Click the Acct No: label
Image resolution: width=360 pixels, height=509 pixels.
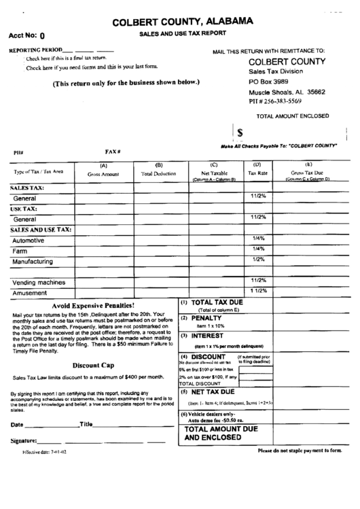[x=22, y=37]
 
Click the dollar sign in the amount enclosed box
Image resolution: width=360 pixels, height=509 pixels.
[x=240, y=133]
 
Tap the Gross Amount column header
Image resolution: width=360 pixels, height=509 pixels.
[x=103, y=174]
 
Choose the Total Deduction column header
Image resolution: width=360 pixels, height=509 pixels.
[x=158, y=174]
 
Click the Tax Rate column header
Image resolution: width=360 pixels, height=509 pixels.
[x=257, y=174]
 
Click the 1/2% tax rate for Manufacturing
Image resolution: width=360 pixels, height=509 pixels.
[x=258, y=259]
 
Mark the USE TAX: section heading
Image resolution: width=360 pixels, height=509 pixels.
[x=24, y=209]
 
